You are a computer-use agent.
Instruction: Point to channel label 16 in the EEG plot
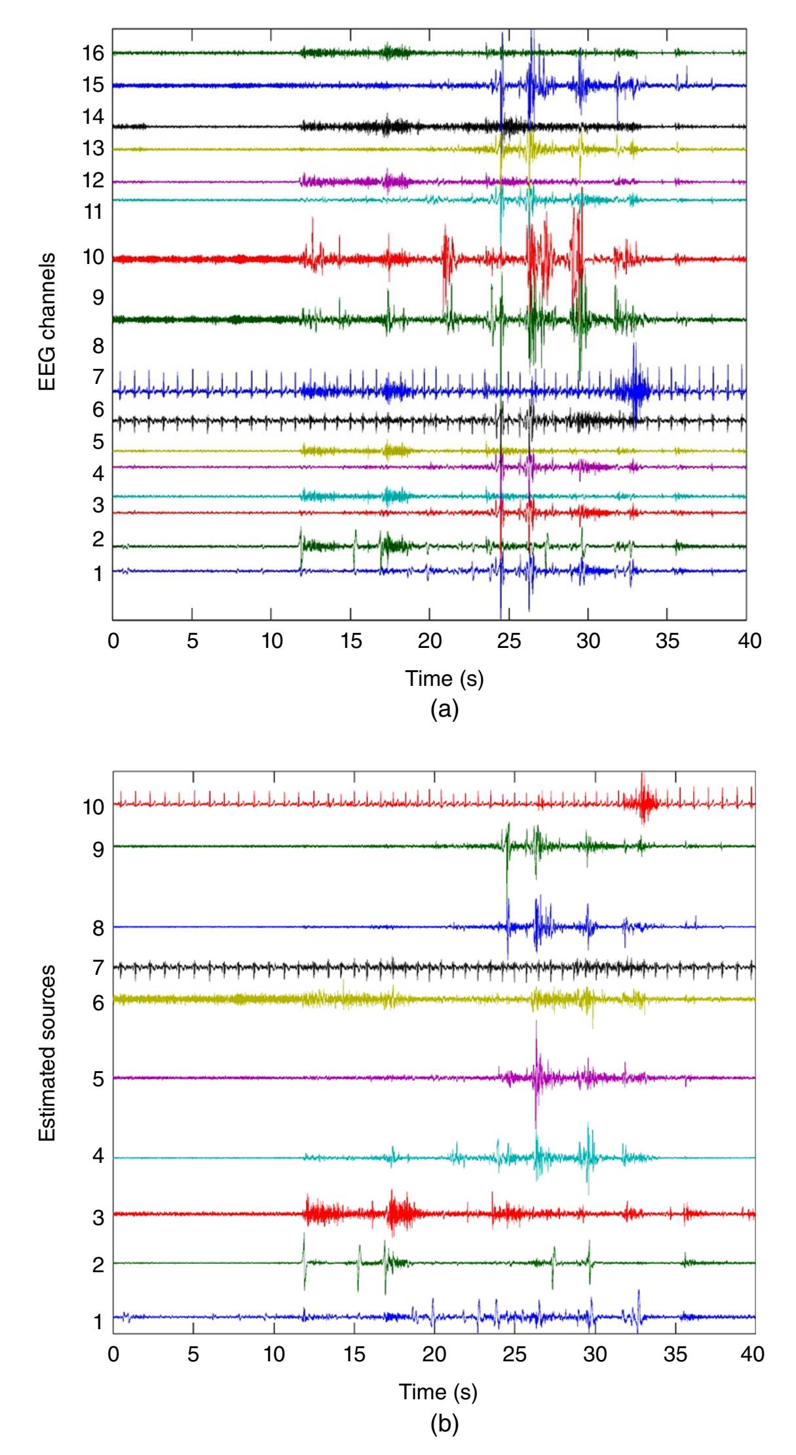point(94,53)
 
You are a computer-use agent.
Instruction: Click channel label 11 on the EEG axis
point(94,212)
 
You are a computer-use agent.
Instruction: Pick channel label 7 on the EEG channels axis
point(98,377)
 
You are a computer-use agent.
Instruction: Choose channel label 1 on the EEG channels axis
point(98,575)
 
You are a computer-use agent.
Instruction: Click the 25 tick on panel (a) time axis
point(509,640)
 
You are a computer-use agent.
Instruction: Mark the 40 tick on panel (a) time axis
point(748,640)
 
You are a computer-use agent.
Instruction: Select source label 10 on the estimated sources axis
point(94,806)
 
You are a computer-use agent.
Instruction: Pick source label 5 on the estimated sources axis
point(98,1078)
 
